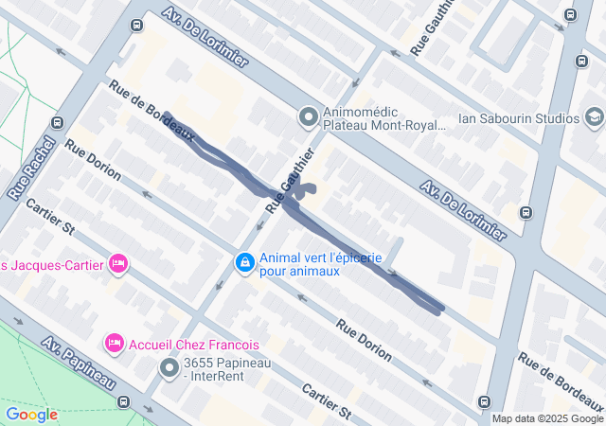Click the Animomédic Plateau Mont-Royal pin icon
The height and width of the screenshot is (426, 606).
tap(308, 117)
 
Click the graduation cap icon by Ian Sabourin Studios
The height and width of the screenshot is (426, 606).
tap(594, 117)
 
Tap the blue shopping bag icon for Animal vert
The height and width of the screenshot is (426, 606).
tap(244, 261)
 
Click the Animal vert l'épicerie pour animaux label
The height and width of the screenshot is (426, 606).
tap(321, 264)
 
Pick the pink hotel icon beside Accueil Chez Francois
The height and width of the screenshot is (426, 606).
tap(114, 342)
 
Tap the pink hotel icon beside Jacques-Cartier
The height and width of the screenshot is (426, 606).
tap(118, 262)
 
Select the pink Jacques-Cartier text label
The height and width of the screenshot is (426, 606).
tap(51, 263)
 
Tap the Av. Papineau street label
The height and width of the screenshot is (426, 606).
tap(79, 366)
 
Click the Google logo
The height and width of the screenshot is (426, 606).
tap(31, 415)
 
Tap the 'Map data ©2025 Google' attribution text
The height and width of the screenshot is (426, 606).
tap(547, 418)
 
